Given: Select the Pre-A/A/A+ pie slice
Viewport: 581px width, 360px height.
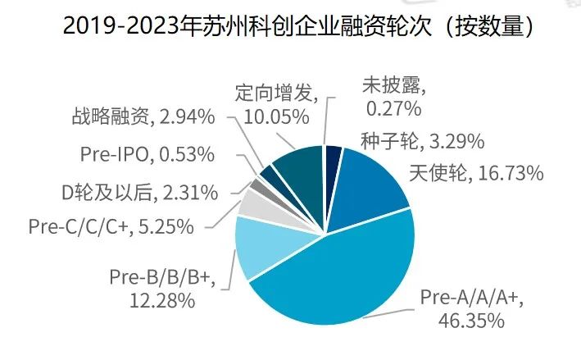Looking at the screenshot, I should [x=344, y=271].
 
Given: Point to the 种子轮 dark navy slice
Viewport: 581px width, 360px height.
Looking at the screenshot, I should [x=334, y=157].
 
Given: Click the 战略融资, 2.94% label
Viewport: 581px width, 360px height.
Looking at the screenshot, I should [x=143, y=116].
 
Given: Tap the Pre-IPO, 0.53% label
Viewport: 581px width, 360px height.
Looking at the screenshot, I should [x=148, y=154].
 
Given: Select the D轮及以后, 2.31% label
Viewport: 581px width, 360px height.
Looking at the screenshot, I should [x=140, y=194].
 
